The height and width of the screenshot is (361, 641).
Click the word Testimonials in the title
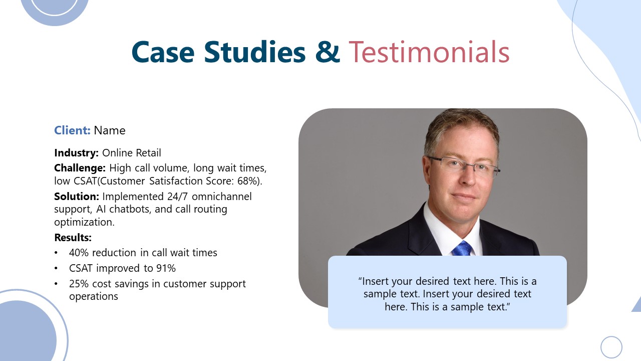(429, 52)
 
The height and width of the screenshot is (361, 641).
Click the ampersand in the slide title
(328, 52)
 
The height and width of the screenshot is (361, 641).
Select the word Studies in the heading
(254, 52)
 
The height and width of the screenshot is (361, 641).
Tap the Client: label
(72, 130)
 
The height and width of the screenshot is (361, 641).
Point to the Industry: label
(77, 153)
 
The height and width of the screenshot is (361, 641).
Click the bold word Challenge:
(80, 167)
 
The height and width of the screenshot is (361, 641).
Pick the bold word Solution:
(76, 196)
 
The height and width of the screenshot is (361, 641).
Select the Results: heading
(73, 237)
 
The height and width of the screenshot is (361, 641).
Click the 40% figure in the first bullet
(79, 253)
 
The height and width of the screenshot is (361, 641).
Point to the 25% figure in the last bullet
(79, 284)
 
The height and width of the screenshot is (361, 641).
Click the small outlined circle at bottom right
(611, 347)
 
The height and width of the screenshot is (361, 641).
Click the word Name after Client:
(110, 130)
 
